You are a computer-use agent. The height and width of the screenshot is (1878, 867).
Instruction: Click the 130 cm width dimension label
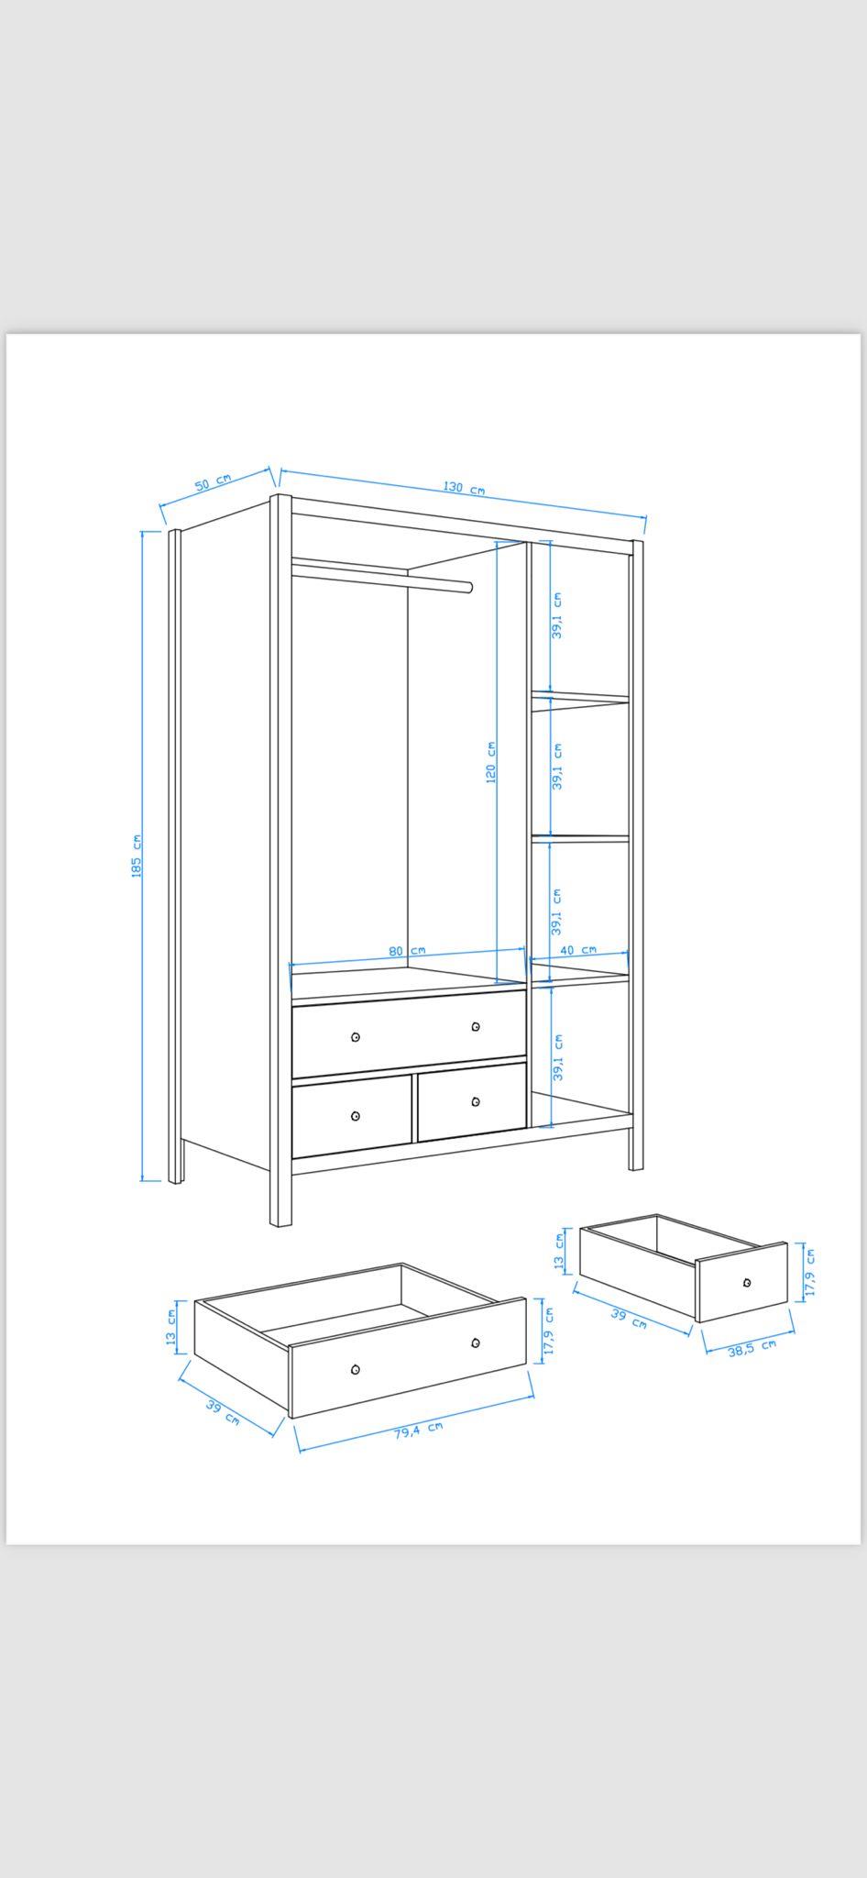(465, 487)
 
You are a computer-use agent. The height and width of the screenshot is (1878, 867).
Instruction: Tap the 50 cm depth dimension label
(213, 482)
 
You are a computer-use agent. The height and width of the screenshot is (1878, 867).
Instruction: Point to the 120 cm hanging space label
(491, 762)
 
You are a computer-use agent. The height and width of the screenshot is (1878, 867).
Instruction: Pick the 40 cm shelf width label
(578, 950)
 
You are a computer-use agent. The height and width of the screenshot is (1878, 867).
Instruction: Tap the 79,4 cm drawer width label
(419, 1431)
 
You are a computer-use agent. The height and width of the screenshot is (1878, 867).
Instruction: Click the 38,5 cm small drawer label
(752, 1347)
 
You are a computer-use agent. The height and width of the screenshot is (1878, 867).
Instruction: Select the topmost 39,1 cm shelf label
(557, 615)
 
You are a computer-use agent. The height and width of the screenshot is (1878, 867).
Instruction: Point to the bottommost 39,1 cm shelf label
(558, 1057)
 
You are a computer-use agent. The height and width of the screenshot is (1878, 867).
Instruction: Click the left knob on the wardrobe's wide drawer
(356, 1037)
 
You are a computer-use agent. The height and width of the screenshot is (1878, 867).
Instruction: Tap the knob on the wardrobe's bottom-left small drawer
(356, 1116)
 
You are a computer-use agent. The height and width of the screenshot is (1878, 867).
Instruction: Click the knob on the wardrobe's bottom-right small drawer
(475, 1101)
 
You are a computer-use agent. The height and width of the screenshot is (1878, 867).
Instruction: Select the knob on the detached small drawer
(747, 1282)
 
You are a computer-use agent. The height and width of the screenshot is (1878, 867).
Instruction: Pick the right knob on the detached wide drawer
(476, 1343)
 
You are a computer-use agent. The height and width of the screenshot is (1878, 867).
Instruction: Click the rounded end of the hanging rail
(469, 587)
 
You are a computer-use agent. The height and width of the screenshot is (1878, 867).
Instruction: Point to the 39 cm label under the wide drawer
(223, 1413)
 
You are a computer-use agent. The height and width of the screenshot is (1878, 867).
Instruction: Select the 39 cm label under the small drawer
(629, 1320)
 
